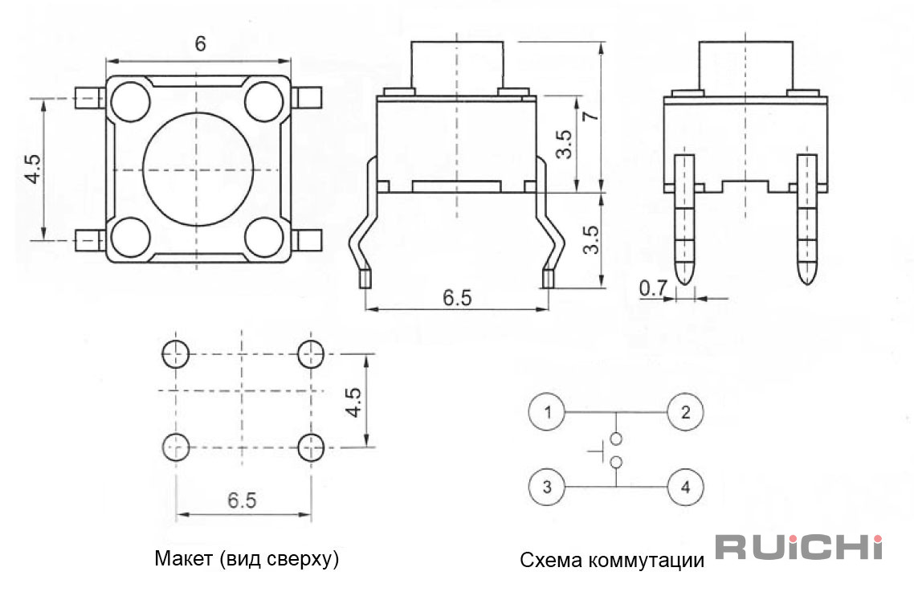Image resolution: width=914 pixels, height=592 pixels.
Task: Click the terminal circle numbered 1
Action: pyautogui.click(x=547, y=412)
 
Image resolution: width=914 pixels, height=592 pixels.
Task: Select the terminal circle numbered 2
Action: pyautogui.click(x=686, y=412)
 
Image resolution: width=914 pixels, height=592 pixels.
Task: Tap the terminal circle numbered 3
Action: pyautogui.click(x=547, y=487)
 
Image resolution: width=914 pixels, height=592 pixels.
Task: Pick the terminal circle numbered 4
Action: pyautogui.click(x=686, y=487)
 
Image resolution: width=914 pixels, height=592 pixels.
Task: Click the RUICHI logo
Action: pyautogui.click(x=798, y=546)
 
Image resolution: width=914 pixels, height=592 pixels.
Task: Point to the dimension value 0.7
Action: pyautogui.click(x=653, y=288)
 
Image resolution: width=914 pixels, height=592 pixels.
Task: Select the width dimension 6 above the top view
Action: pyautogui.click(x=200, y=43)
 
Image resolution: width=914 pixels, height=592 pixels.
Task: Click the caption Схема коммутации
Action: pyautogui.click(x=611, y=561)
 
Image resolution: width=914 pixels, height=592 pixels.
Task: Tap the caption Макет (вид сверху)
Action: pyautogui.click(x=247, y=558)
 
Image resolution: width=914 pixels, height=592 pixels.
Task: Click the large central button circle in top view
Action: pyautogui.click(x=198, y=169)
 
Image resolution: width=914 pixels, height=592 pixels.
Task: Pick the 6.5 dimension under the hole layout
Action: pyautogui.click(x=242, y=500)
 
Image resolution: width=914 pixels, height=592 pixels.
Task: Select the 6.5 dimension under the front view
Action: pyautogui.click(x=457, y=297)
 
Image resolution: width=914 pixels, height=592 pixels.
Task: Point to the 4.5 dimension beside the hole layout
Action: pyautogui.click(x=353, y=402)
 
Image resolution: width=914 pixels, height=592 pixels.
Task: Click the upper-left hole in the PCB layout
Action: pyautogui.click(x=175, y=353)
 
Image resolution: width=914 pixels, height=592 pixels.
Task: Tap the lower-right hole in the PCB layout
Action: pyautogui.click(x=311, y=447)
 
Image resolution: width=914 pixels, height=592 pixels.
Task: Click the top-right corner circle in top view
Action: pyautogui.click(x=264, y=101)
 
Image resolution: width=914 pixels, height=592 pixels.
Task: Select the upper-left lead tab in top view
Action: pyautogui.click(x=90, y=98)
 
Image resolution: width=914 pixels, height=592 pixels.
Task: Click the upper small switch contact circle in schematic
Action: pyautogui.click(x=615, y=439)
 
